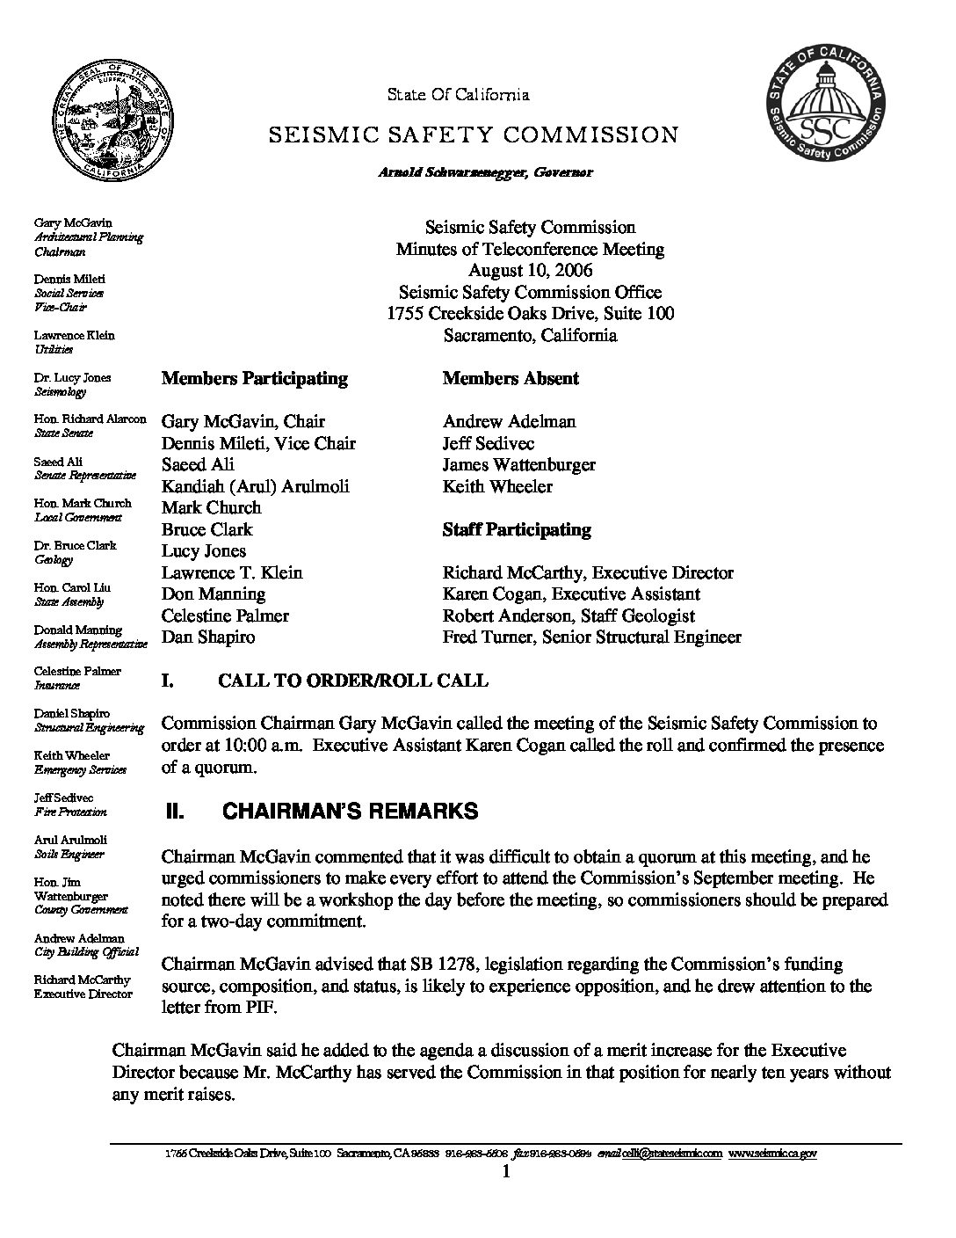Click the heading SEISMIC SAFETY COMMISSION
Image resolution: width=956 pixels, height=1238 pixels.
(473, 135)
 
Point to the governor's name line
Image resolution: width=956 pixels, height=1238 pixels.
(485, 172)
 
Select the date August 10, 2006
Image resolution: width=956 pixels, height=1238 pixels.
(530, 270)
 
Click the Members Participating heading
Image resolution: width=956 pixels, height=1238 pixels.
(255, 379)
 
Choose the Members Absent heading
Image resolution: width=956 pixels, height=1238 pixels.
(511, 379)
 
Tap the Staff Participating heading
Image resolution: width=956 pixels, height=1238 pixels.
(517, 529)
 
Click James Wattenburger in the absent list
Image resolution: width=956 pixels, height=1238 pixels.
(519, 464)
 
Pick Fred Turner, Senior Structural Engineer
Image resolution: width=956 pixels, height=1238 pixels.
(591, 637)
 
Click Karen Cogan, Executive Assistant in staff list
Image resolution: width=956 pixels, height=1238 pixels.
(571, 594)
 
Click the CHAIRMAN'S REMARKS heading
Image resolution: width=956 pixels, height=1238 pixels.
(351, 812)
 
